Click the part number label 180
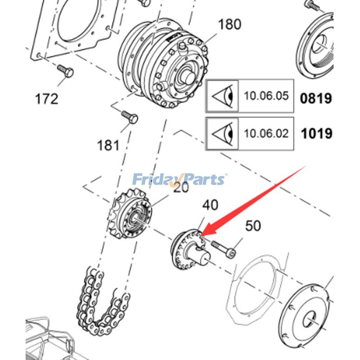(x=229, y=24)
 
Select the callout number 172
(x=47, y=98)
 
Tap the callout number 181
(x=108, y=145)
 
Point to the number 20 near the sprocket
(x=181, y=187)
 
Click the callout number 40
(x=210, y=205)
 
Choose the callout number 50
(x=253, y=225)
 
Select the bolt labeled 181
(x=130, y=118)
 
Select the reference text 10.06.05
(x=266, y=96)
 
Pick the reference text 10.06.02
(x=266, y=134)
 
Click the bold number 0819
(x=316, y=97)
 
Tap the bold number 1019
(x=316, y=134)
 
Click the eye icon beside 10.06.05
(x=223, y=96)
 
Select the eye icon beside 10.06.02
(x=223, y=134)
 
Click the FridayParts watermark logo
(x=179, y=180)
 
